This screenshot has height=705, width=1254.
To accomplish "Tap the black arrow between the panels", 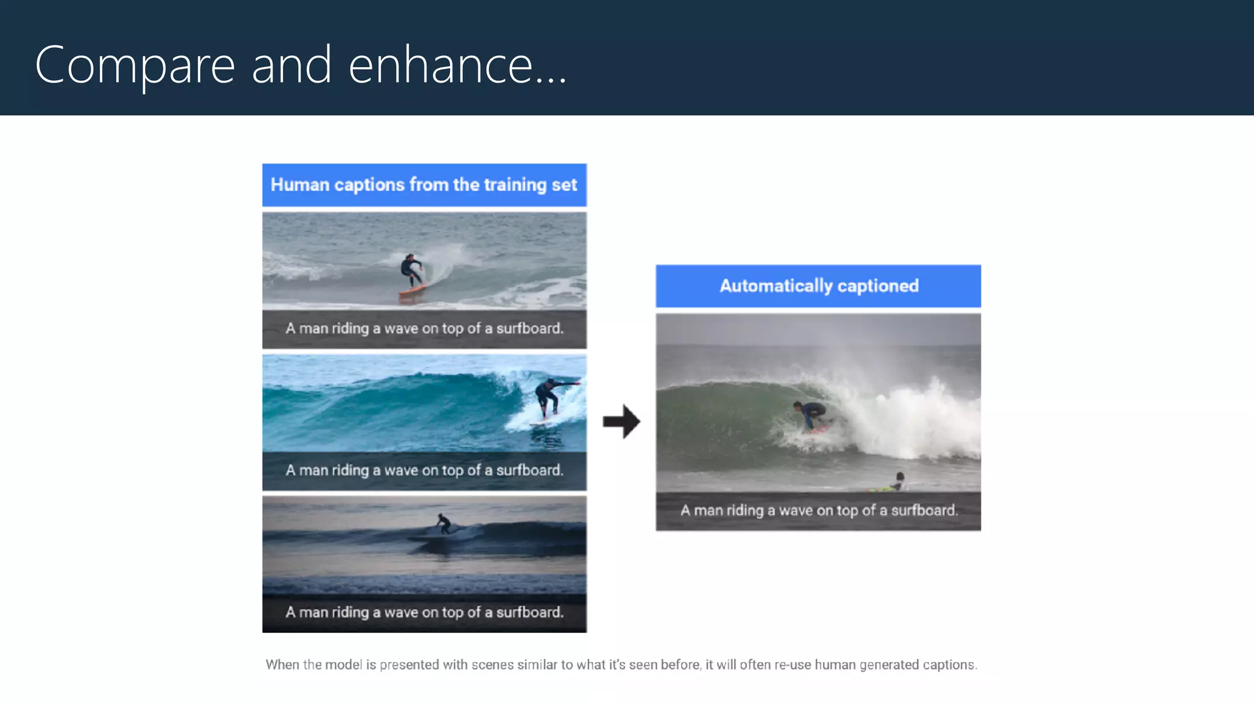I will tap(621, 421).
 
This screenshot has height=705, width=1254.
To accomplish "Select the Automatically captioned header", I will tap(818, 286).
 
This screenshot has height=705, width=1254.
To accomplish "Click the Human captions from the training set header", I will tap(424, 185).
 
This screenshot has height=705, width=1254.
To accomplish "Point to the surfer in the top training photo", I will tap(410, 270).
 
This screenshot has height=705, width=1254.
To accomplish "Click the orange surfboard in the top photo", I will tap(413, 291).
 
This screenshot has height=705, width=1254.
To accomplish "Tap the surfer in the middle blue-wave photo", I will tap(548, 397).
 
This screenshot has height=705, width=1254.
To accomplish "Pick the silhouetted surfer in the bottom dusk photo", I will tap(443, 524).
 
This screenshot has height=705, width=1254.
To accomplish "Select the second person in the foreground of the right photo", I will tap(899, 482).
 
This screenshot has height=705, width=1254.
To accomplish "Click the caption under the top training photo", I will tap(424, 329).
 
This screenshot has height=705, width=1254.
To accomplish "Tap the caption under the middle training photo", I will tap(424, 471).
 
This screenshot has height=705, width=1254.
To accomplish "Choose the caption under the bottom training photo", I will tap(424, 613).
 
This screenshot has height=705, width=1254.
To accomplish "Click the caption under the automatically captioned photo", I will tap(819, 510).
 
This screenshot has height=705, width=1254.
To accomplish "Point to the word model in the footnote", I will tap(344, 665).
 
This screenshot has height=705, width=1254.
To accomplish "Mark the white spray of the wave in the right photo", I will tap(918, 416).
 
